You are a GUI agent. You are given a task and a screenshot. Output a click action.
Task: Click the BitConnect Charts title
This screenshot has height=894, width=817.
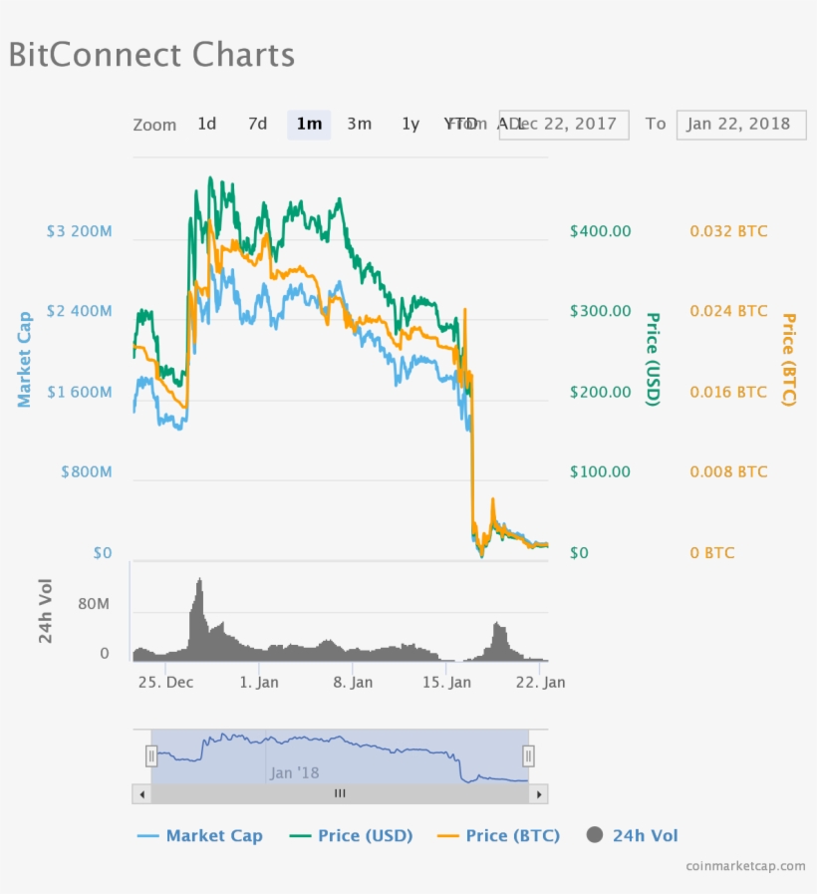151,54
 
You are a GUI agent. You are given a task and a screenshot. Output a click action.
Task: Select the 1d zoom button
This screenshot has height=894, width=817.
206,124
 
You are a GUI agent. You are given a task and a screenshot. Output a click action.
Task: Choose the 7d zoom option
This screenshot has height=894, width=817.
257,124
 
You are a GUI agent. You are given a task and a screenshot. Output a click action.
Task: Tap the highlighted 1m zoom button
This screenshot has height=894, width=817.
309,124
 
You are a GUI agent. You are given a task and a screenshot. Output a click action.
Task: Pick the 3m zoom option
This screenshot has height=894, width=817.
359,124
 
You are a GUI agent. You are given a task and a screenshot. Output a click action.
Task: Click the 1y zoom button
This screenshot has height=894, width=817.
410,124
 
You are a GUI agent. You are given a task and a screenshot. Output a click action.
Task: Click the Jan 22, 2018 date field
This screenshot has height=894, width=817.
740,124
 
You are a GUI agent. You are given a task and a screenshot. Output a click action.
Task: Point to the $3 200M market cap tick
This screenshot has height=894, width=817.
79,231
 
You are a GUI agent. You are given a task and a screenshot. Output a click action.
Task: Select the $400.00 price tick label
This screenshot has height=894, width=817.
600,231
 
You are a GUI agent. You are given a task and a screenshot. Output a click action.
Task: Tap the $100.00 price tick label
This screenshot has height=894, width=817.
600,472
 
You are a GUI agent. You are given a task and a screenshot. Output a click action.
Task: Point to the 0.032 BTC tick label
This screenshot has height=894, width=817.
728,231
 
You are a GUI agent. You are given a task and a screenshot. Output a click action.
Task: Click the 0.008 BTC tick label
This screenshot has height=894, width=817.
728,472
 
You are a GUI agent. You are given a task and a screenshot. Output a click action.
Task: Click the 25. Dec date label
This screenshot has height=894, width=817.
165,683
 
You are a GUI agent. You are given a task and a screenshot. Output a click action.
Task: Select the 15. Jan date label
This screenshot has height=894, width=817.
446,683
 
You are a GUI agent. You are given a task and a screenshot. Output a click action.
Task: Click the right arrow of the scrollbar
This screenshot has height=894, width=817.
539,794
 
